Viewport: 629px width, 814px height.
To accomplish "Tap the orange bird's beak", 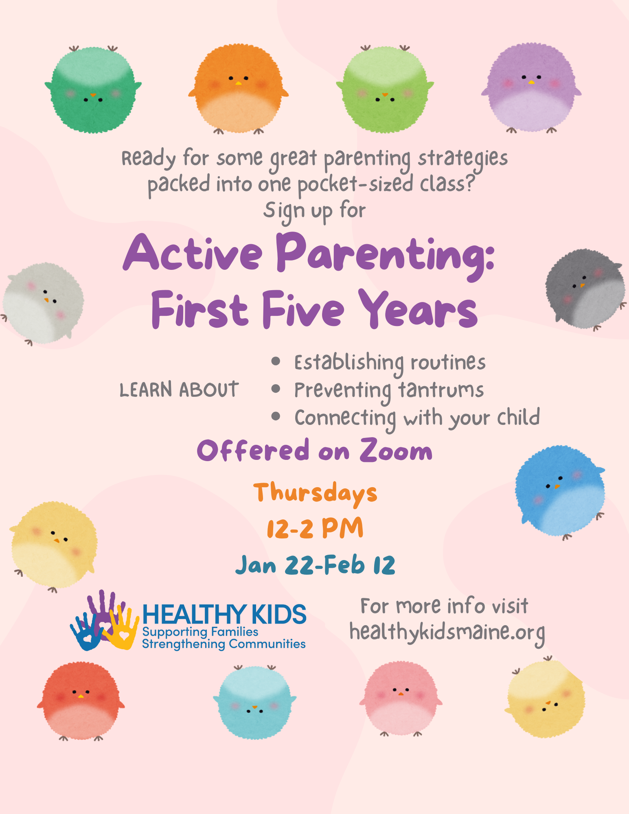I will tap(239, 83).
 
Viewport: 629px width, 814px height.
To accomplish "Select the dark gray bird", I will tap(585, 289).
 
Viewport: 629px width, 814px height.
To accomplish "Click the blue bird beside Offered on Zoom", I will tap(560, 490).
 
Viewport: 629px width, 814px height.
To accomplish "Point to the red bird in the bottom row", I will tap(81, 700).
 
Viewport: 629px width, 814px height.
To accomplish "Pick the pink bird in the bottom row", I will tap(401, 698).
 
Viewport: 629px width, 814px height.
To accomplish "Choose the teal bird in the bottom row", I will tap(254, 702).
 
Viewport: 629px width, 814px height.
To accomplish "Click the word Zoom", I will tap(396, 451).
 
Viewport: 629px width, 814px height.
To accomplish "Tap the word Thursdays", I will tap(315, 493).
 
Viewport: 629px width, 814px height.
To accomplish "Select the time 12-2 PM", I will tap(315, 528).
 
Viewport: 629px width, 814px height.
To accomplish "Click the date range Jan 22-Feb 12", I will tap(315, 565).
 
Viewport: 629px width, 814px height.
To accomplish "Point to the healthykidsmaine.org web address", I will tap(447, 632).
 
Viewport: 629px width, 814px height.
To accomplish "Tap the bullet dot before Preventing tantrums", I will tap(276, 389).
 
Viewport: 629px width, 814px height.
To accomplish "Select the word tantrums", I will tap(441, 390).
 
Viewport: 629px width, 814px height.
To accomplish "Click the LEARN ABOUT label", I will tap(179, 389).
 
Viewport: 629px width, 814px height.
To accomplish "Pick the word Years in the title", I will tap(419, 310).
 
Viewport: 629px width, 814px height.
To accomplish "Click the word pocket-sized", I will tap(356, 184).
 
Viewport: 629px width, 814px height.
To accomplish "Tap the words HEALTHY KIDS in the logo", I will tap(224, 614).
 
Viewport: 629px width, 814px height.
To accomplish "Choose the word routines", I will tap(448, 362).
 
